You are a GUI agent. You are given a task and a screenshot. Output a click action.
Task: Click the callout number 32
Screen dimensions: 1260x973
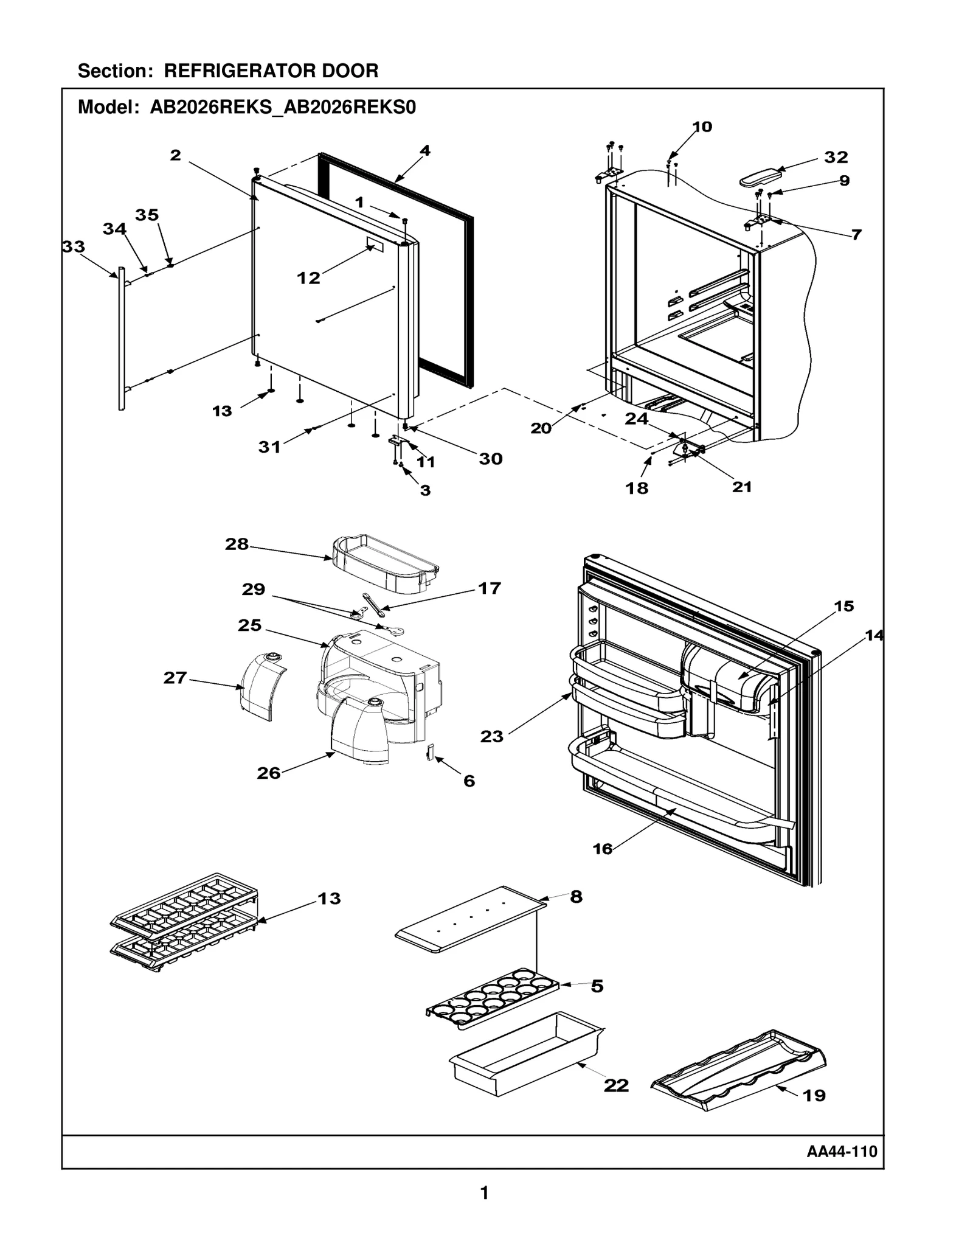point(836,158)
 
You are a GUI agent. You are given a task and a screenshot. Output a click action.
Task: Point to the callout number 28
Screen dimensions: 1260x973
point(237,544)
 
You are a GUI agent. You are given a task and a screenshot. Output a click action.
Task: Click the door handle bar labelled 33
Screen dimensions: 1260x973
point(121,338)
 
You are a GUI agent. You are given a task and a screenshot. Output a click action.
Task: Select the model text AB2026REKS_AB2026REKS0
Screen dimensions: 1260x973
point(283,108)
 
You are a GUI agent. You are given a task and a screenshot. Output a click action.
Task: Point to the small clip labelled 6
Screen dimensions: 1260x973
point(429,753)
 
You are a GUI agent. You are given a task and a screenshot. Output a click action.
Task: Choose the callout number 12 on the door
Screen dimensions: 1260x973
point(308,278)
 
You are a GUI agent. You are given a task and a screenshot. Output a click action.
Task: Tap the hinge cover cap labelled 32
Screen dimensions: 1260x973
point(760,178)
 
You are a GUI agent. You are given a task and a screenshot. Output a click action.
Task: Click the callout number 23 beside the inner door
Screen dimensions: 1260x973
point(491,737)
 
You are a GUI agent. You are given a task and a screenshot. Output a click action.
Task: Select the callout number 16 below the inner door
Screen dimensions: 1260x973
point(602,849)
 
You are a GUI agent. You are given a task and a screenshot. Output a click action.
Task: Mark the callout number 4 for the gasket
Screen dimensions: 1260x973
point(424,151)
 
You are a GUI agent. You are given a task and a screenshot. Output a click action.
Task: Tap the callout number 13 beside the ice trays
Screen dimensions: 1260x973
point(329,899)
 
